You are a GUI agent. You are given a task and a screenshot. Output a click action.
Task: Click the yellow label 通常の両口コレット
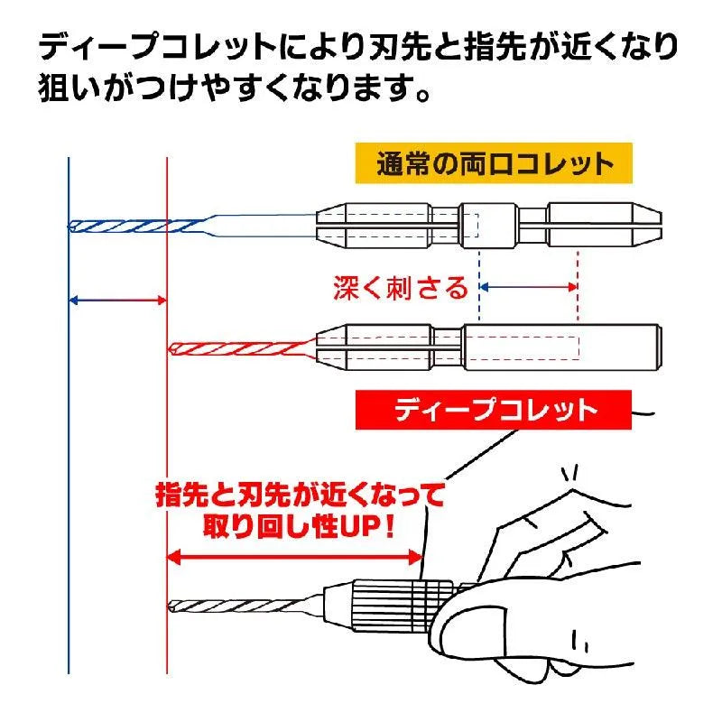coord(493,164)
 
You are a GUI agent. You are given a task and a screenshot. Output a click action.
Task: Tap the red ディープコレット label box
coord(495,411)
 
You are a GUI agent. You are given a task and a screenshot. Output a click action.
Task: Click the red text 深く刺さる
coord(400,288)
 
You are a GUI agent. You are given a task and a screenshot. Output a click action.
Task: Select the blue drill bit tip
coord(73,225)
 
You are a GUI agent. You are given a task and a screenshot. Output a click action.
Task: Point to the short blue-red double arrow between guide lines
coord(118,300)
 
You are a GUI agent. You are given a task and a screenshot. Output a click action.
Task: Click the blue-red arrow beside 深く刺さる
coord(528,287)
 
